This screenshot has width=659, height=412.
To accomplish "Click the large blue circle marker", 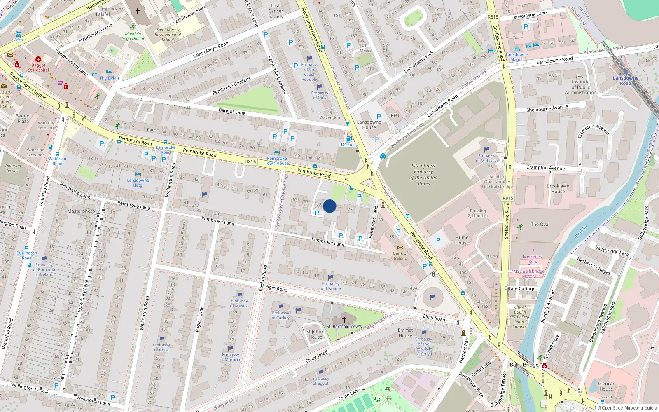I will (x=329, y=206).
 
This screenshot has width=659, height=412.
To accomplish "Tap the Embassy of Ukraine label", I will (x=331, y=286).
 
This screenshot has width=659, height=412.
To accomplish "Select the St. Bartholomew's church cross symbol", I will (x=344, y=320).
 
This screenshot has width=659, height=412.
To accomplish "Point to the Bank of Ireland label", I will (x=400, y=256).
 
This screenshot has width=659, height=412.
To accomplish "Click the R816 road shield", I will (x=250, y=162).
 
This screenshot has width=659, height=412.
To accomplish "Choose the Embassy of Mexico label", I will (x=239, y=303).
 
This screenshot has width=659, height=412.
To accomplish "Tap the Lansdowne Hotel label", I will (x=138, y=183).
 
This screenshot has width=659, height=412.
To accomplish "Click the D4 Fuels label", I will (x=349, y=145).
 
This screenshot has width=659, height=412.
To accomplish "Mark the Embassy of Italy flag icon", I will (x=320, y=87).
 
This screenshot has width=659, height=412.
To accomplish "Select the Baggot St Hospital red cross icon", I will (x=38, y=59).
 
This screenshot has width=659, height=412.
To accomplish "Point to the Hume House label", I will (x=462, y=240).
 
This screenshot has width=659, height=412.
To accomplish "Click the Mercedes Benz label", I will (x=533, y=259).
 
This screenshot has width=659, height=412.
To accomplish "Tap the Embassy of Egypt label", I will (x=320, y=381).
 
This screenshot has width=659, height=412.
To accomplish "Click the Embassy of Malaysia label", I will (x=487, y=158).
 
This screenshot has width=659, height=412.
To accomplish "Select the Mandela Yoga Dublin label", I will (x=133, y=36).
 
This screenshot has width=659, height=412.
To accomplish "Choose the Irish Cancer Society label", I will (x=276, y=11).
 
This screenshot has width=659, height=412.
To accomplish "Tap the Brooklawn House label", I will (x=558, y=189).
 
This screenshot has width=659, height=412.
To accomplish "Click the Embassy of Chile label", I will (x=161, y=347).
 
